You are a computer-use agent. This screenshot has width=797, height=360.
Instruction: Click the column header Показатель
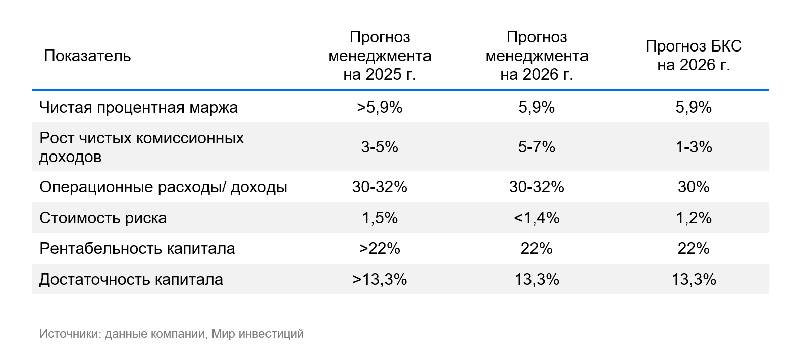click(87, 56)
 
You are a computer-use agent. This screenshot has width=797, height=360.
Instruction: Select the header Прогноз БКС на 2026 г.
click(694, 56)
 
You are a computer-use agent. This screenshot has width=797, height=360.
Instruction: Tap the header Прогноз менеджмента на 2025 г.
click(380, 56)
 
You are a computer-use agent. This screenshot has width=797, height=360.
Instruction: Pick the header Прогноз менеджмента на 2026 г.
click(537, 56)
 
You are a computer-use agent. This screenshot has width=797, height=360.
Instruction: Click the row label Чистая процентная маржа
click(138, 108)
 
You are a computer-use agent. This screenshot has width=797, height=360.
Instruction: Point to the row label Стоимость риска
click(103, 218)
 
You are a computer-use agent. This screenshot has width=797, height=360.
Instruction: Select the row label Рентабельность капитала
click(137, 249)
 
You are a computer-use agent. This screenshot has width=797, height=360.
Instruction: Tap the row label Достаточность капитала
click(131, 280)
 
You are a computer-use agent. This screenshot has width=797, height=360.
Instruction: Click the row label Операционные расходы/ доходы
click(163, 187)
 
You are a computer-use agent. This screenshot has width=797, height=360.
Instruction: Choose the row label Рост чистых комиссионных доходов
click(141, 147)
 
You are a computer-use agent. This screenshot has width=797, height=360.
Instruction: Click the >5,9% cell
click(380, 108)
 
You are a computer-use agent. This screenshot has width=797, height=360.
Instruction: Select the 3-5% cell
click(380, 147)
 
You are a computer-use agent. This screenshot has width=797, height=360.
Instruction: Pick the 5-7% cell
click(537, 147)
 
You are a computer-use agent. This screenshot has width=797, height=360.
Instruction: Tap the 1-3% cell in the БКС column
click(694, 147)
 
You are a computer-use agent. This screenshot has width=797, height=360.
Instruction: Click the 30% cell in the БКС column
click(694, 187)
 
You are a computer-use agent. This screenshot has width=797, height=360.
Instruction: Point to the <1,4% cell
click(537, 218)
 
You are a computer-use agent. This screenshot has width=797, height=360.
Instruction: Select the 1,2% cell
click(694, 218)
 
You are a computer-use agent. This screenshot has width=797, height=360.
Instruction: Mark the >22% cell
click(380, 249)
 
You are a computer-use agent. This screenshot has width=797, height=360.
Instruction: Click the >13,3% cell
click(380, 280)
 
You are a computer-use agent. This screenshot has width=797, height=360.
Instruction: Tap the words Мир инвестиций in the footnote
click(257, 334)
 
